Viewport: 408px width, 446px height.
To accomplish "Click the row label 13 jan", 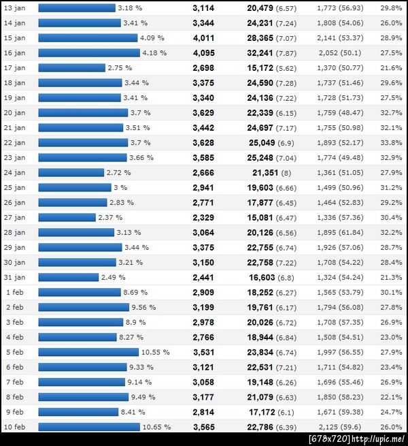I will point(14,8).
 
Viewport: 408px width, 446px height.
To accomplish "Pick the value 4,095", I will point(203,53).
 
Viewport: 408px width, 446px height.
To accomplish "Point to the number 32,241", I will point(260,53).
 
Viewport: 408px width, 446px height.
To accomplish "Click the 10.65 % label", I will point(158,427).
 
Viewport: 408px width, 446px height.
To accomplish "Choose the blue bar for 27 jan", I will point(67,218).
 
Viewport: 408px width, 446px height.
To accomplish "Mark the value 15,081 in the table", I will point(260,218).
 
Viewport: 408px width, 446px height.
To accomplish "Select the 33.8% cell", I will point(391,143).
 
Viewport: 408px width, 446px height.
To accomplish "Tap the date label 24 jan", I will point(14,173).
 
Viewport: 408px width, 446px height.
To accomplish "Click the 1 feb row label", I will point(14,293).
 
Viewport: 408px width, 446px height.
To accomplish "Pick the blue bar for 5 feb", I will point(88,353).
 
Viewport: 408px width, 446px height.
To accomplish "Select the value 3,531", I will point(203,353).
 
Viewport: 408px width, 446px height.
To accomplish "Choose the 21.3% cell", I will point(391,278).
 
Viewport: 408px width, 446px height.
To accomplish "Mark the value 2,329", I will point(203,218).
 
